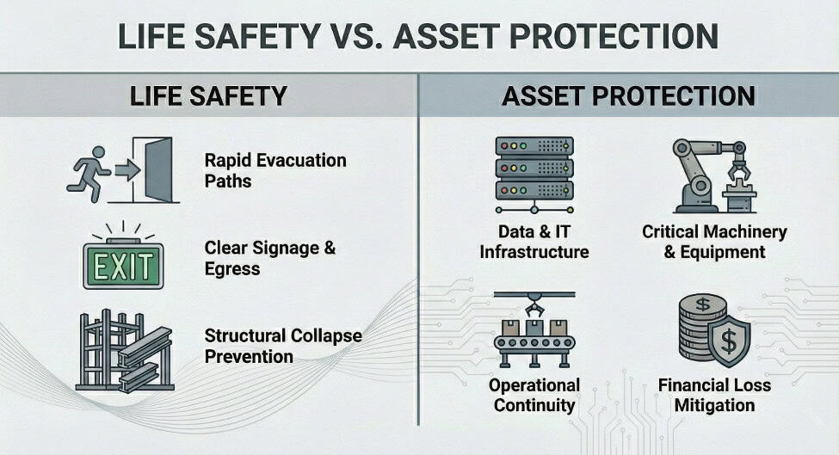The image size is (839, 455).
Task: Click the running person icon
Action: [89, 174]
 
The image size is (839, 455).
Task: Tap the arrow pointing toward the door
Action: [127, 170]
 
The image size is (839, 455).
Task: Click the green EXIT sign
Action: [124, 266]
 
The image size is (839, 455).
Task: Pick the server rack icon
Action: [534, 175]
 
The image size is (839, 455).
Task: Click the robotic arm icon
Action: [713, 176]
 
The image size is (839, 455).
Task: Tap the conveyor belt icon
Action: [534, 329]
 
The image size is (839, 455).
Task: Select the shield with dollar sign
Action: [728, 340]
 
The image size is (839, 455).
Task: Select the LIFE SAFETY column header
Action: [209, 96]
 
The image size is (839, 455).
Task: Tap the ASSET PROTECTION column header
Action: [629, 96]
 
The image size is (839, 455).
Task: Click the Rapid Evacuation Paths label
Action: [275, 170]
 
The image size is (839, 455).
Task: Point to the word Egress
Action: [232, 268]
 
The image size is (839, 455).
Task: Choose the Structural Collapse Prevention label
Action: [283, 346]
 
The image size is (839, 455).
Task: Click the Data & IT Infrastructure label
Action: [534, 242]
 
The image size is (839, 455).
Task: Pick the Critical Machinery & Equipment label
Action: [714, 242]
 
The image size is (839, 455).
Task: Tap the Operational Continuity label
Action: [534, 395]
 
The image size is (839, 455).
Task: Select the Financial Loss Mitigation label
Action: [714, 395]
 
